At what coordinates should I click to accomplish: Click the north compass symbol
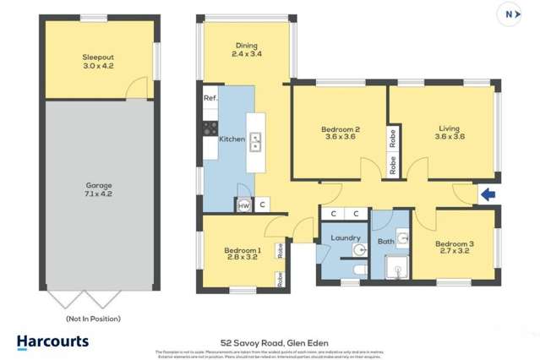[510, 14]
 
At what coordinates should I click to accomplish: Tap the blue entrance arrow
[488, 195]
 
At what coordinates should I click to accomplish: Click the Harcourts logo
[52, 341]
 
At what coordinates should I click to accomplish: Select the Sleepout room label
[98, 62]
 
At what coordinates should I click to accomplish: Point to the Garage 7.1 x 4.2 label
[98, 189]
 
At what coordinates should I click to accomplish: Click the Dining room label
[245, 50]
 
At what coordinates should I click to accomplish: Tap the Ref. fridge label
[210, 98]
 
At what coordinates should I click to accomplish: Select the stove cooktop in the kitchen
[209, 128]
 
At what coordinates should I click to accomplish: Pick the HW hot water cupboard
[244, 205]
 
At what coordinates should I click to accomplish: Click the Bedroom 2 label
[341, 134]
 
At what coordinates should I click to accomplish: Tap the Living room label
[449, 133]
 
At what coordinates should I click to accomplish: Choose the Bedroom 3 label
[454, 248]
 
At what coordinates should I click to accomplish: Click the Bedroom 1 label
[242, 254]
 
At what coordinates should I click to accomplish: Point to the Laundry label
[346, 238]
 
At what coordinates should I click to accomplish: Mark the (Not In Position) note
[93, 319]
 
